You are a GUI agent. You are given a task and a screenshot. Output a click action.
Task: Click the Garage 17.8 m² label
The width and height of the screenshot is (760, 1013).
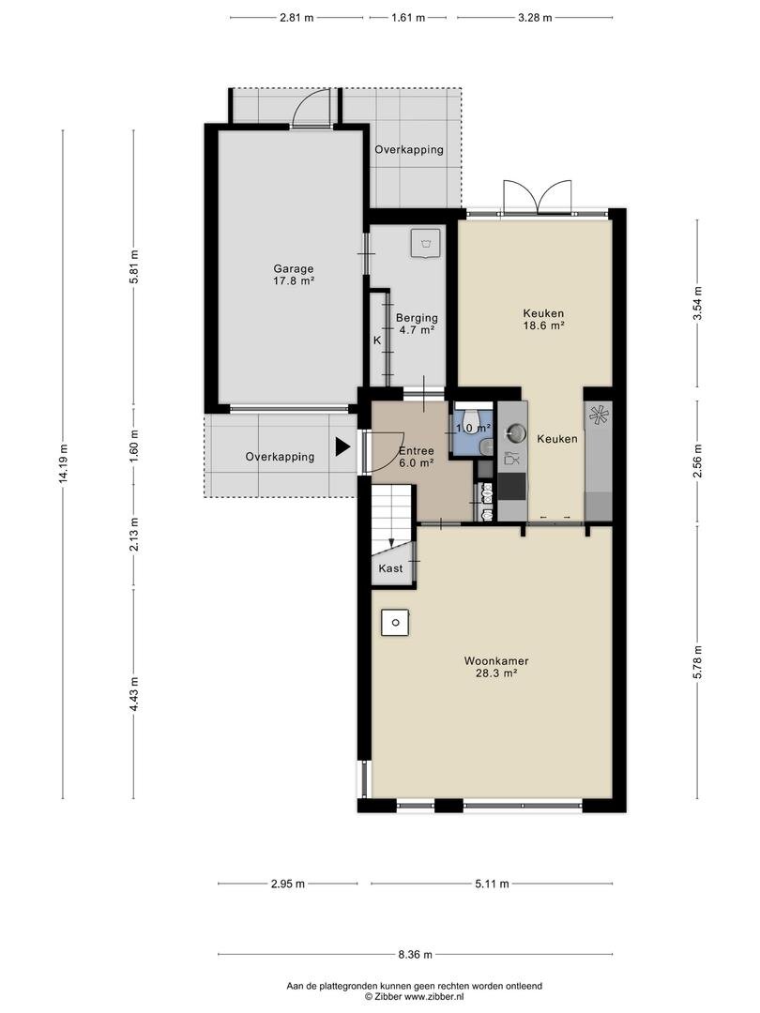coord(294,275)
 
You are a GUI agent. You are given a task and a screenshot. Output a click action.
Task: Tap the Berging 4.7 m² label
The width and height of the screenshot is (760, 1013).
coord(417,324)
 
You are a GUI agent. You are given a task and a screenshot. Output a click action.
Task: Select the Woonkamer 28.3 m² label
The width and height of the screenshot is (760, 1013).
coord(496,667)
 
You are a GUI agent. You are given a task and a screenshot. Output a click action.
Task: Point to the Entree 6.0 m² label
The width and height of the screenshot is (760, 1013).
coord(417,457)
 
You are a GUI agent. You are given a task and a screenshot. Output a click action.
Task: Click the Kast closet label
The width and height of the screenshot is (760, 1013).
coord(390,567)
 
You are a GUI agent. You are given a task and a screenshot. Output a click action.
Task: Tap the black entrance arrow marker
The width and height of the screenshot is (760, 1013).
coord(342,447)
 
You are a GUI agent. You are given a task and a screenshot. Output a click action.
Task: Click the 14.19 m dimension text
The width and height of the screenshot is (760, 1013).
coord(63,462)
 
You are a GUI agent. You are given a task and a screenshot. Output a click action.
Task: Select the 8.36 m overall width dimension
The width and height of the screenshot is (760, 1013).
coord(415,954)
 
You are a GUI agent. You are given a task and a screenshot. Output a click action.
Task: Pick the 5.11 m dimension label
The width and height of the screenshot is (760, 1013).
coord(492,884)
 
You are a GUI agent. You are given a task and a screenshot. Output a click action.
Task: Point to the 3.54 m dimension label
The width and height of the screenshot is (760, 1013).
coord(697,303)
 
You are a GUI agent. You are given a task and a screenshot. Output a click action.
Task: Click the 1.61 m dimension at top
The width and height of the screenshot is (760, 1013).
coord(408,18)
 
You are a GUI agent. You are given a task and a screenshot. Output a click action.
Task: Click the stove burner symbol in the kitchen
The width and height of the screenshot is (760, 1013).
coord(599,415)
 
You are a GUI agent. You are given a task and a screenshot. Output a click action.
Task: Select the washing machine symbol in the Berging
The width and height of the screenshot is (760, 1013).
coord(426,242)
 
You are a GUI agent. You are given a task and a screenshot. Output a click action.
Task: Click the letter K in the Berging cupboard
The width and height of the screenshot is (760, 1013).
coord(377,340)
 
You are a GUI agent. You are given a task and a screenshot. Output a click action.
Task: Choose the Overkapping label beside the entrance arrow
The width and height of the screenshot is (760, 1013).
coord(280,457)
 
